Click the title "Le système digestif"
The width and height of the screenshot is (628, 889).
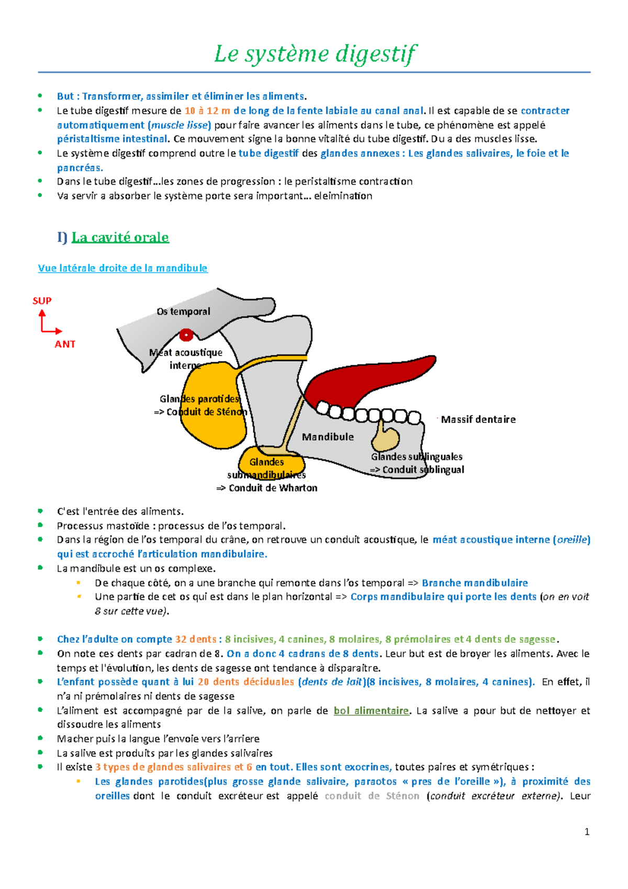click(x=315, y=54)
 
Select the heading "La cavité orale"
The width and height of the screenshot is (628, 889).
click(x=120, y=237)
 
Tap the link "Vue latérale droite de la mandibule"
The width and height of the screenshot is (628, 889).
click(x=122, y=268)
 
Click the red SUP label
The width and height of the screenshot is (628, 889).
click(x=42, y=301)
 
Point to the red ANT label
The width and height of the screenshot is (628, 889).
click(x=65, y=344)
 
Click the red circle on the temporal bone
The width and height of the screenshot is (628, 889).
click(x=186, y=335)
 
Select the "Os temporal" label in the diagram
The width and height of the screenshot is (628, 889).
click(x=183, y=312)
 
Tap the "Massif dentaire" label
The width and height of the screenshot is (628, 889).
click(x=478, y=419)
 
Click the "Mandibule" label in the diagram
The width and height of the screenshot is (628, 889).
click(x=328, y=437)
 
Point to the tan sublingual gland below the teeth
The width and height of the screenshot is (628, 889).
click(x=386, y=437)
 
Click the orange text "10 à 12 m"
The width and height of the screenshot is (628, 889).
click(x=207, y=110)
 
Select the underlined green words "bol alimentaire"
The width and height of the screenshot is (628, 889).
click(x=371, y=710)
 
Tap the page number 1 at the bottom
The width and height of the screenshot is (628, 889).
click(x=587, y=831)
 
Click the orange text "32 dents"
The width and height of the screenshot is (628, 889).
click(x=195, y=639)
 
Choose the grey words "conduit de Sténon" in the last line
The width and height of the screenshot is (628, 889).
click(x=372, y=796)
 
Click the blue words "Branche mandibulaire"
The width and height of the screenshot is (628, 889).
click(x=475, y=583)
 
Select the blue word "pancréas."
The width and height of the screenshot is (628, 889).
click(x=80, y=168)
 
